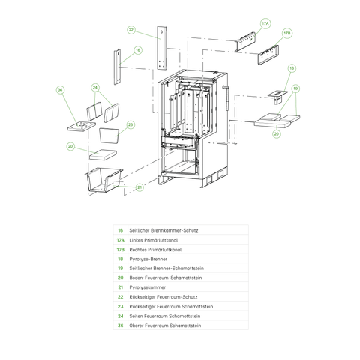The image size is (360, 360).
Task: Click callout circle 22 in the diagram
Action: [130, 30]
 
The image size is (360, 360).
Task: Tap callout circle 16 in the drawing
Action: [138, 50]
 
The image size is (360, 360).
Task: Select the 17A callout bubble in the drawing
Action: [265, 24]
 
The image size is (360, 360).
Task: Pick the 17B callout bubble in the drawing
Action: [286, 34]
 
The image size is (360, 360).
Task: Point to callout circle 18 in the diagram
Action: [291, 68]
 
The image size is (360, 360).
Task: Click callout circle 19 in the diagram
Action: [297, 88]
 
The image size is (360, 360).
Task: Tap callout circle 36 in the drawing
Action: [61, 90]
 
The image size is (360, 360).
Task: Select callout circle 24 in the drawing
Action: [95, 88]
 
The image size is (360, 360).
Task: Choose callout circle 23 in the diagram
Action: [130, 124]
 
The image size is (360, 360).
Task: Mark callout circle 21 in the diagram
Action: [139, 187]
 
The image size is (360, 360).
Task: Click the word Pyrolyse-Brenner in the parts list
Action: [148, 258]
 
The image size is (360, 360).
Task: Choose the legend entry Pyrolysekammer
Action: [147, 287]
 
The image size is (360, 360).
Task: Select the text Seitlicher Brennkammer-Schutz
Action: [163, 229]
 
